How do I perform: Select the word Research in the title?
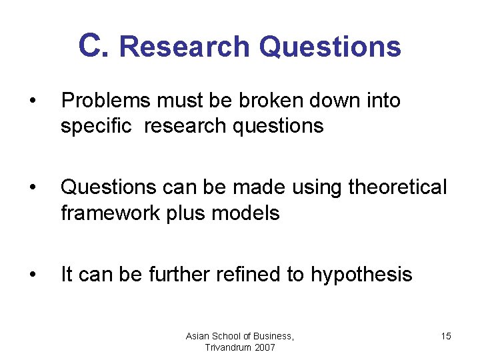pyautogui.click(x=185, y=47)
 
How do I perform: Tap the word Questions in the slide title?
pyautogui.click(x=330, y=47)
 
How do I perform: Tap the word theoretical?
pyautogui.click(x=397, y=188)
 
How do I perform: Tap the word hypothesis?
pyautogui.click(x=361, y=275)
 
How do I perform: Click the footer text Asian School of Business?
pyautogui.click(x=239, y=336)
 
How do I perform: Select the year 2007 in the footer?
pyautogui.click(x=263, y=347)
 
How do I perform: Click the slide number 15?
pyautogui.click(x=445, y=336)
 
